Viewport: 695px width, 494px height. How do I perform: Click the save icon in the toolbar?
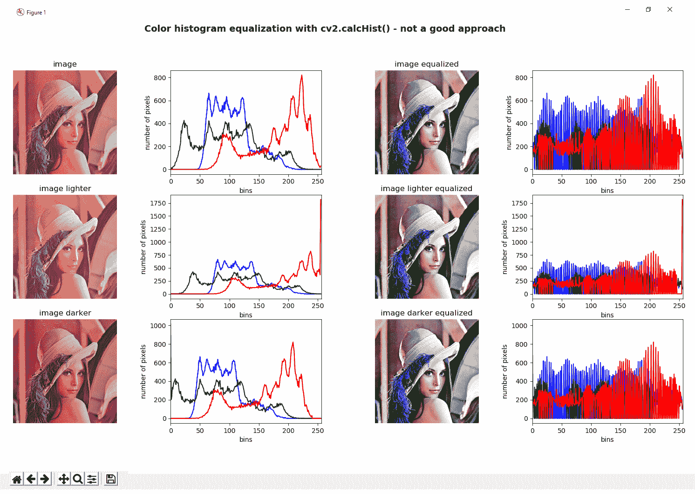[111, 479]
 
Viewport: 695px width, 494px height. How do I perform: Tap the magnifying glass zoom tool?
[78, 479]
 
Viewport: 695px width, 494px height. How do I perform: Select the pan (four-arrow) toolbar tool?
[64, 479]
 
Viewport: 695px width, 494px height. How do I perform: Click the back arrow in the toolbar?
[31, 479]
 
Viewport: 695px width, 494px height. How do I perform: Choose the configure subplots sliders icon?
[92, 479]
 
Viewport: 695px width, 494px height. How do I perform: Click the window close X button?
[669, 9]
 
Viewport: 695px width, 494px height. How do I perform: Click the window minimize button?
[627, 9]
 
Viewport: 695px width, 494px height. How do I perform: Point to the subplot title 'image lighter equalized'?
[426, 188]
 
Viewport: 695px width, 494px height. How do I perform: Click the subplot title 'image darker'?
[65, 313]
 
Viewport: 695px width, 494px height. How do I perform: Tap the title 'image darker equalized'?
[426, 313]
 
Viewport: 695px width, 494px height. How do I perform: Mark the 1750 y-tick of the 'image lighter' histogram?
[158, 203]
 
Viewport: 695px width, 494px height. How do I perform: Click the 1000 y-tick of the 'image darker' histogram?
[158, 326]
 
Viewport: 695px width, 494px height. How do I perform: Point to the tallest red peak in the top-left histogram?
[302, 75]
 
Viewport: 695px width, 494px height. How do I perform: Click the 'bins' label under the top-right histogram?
[607, 190]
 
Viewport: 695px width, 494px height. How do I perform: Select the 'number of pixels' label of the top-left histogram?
[147, 123]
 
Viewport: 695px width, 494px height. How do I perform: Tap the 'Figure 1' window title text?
[36, 13]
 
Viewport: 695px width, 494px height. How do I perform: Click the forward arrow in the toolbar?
[45, 479]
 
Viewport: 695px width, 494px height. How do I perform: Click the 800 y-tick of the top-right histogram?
[521, 78]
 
